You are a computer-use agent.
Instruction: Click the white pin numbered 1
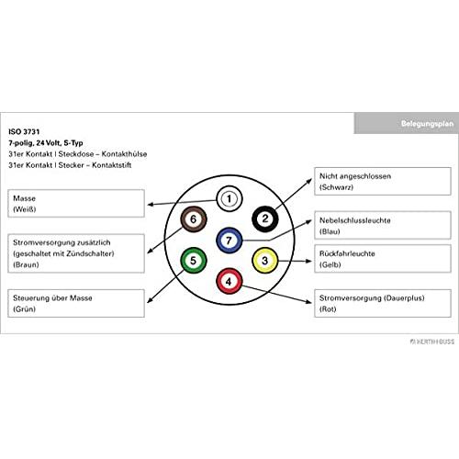[x=229, y=199]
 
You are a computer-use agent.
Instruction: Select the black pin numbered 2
[x=265, y=218]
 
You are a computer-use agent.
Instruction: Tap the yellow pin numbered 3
[x=265, y=261]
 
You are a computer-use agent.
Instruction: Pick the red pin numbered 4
[x=229, y=281]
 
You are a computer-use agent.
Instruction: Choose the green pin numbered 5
[x=194, y=261]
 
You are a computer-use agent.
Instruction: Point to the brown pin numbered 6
[x=194, y=219]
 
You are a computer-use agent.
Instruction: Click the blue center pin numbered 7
[x=229, y=241]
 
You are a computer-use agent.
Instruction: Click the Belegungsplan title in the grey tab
[x=427, y=124]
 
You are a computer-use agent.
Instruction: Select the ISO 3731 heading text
[x=24, y=132]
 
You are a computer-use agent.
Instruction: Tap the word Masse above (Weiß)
[x=25, y=198]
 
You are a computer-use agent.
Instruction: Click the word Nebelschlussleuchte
[x=355, y=220]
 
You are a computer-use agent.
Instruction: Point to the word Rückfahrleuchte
[x=347, y=253]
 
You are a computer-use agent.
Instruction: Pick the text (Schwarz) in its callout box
[x=336, y=187]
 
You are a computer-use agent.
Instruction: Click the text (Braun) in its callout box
[x=26, y=264]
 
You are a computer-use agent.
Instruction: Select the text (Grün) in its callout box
[x=24, y=309]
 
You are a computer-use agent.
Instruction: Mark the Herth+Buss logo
[x=432, y=341]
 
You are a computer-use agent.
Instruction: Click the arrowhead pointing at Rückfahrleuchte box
[x=308, y=261]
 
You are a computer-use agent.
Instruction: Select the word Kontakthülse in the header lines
[x=124, y=154]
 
